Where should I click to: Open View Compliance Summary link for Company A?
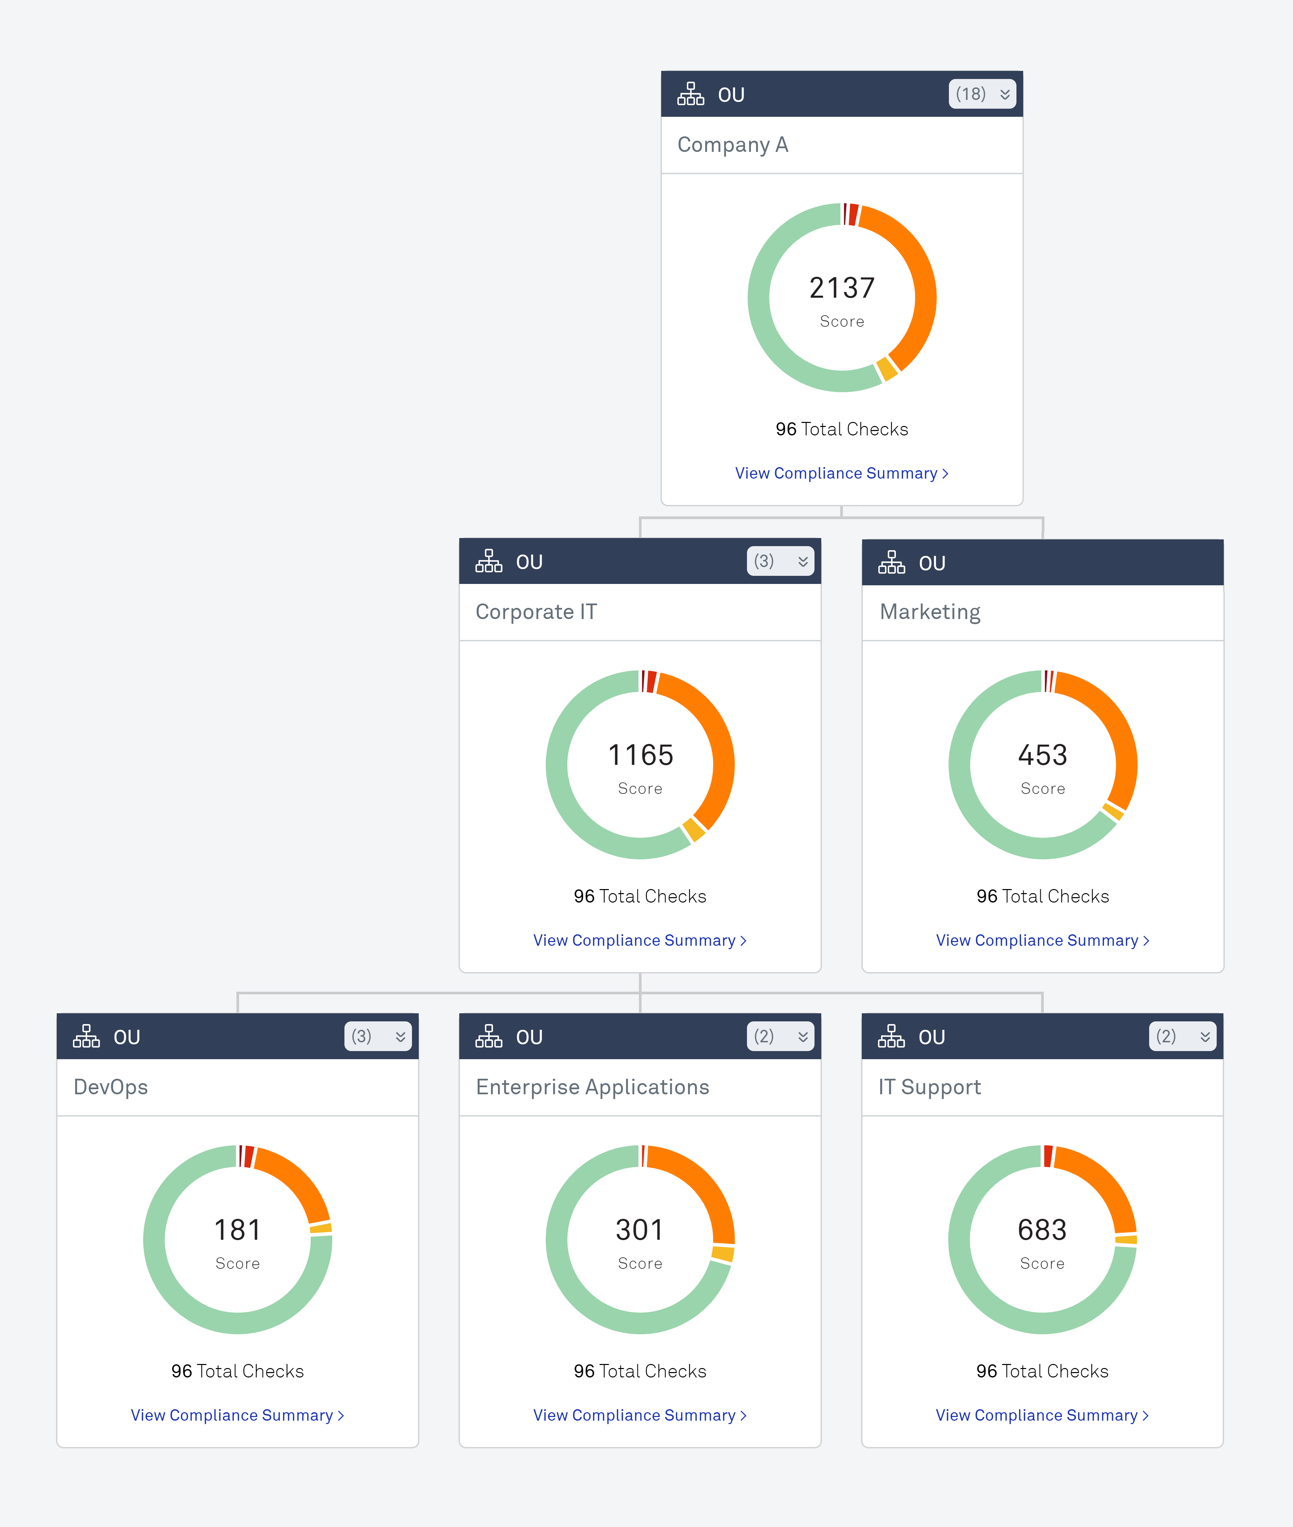[x=841, y=473]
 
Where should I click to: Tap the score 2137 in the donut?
[x=842, y=288]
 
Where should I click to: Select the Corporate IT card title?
[x=536, y=612]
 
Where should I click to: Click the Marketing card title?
[x=929, y=612]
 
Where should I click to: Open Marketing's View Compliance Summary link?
[x=1041, y=940]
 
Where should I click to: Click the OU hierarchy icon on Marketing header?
[x=891, y=563]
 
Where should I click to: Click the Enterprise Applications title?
[x=592, y=1087]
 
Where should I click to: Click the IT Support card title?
[x=929, y=1087]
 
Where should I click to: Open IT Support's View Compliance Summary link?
[x=1041, y=1415]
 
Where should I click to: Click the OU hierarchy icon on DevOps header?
[x=86, y=1037]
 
